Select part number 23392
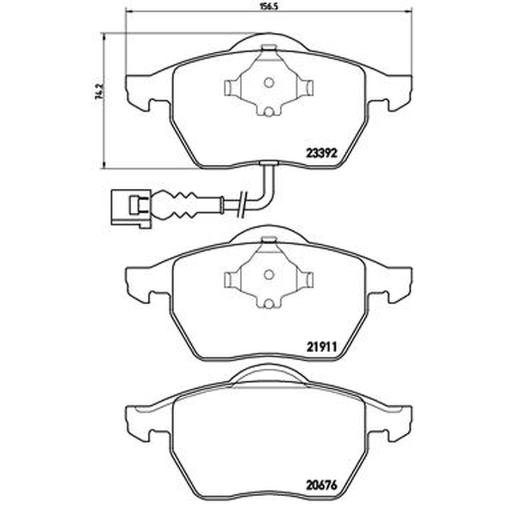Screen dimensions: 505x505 coord(321,153)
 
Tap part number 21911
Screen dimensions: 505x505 coord(321,347)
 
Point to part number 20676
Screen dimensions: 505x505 coord(321,484)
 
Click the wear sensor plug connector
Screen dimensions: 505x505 coord(131,208)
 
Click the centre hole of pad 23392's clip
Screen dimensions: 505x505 coord(269,83)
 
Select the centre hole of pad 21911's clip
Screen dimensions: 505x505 coord(269,275)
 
